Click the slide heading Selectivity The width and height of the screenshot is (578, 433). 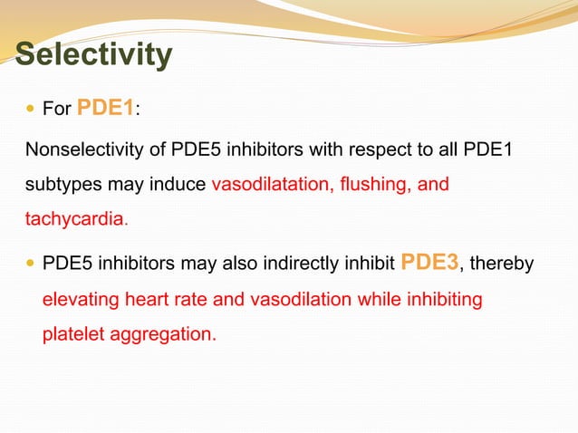coord(93,54)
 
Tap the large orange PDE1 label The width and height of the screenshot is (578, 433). coord(106,109)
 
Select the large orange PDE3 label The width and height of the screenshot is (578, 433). coord(430,263)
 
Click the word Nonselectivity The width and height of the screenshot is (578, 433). coord(81,149)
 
